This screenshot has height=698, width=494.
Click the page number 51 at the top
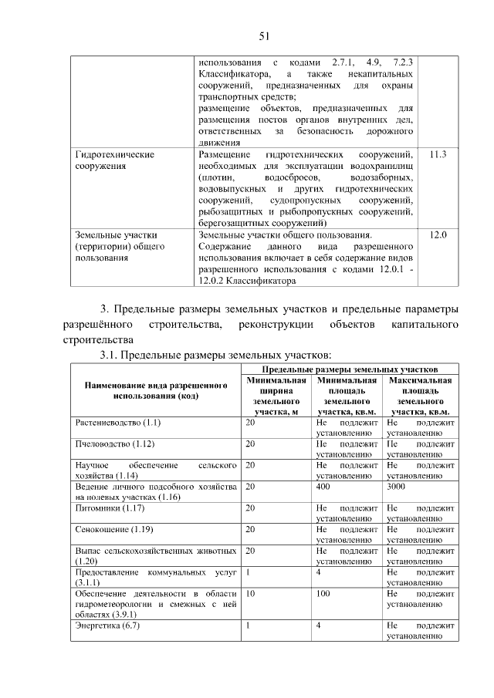pyautogui.click(x=262, y=35)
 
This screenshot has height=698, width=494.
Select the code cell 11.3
pyautogui.click(x=438, y=155)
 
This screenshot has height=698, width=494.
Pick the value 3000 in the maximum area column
pyautogui.click(x=398, y=487)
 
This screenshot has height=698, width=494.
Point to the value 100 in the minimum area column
pyautogui.click(x=323, y=594)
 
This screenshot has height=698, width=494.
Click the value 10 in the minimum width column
pyautogui.click(x=251, y=594)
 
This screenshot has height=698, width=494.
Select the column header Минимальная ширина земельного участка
pyautogui.click(x=276, y=396)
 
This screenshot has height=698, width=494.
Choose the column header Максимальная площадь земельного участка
pyautogui.click(x=420, y=396)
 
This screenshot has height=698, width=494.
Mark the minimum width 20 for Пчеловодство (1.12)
pyautogui.click(x=251, y=444)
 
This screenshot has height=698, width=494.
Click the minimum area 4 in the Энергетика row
pyautogui.click(x=318, y=626)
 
